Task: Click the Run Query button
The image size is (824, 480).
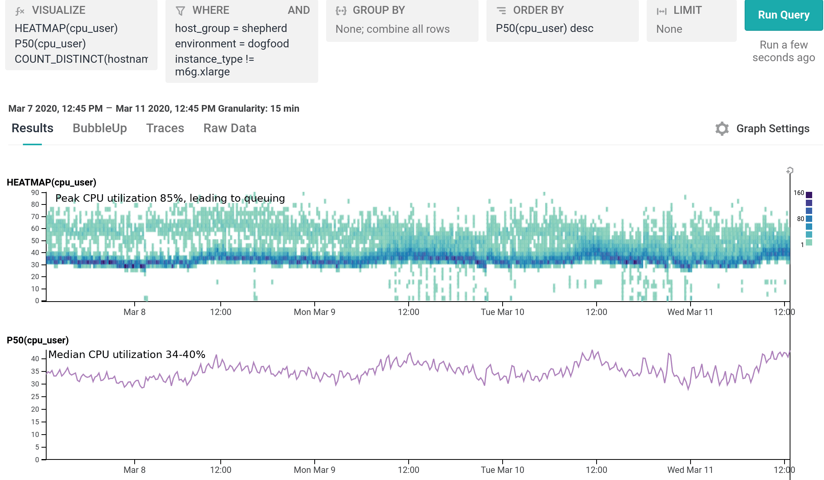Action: point(783,15)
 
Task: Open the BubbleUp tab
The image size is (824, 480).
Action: point(99,128)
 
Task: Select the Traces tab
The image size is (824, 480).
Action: point(165,128)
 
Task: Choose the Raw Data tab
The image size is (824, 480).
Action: point(230,128)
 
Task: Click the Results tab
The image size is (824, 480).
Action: point(32,128)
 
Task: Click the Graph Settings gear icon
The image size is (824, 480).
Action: point(722,129)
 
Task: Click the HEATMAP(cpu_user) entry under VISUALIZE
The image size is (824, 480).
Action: point(66,28)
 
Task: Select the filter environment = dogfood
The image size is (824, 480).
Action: point(232,44)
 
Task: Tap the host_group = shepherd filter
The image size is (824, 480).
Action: point(231,28)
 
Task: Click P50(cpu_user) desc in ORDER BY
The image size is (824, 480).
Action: point(544,28)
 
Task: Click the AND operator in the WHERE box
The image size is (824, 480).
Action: point(298,10)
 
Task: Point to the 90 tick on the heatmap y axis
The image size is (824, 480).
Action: point(35,193)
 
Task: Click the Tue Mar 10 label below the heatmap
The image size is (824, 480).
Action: point(502,312)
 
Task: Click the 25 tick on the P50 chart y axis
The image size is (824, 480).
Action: point(35,396)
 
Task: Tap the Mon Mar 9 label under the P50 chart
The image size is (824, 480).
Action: point(314,470)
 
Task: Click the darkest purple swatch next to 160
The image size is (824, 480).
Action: point(809,195)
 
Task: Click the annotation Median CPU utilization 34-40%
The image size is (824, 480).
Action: point(127,354)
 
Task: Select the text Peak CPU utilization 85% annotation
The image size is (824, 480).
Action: point(170,198)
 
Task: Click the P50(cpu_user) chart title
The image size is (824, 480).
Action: point(38,340)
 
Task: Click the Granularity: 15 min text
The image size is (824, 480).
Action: point(259,109)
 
